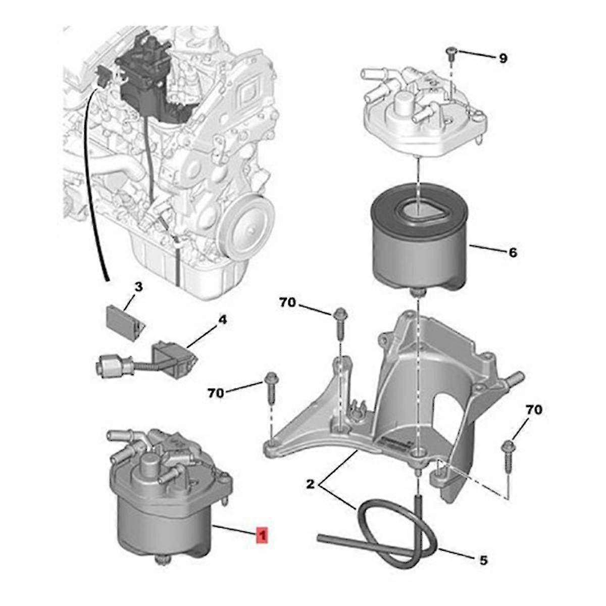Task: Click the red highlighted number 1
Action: pyautogui.click(x=263, y=535)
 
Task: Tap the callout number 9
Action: pyautogui.click(x=502, y=59)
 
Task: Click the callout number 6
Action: pyautogui.click(x=513, y=252)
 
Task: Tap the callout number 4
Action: pyautogui.click(x=222, y=320)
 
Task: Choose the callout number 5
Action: pyautogui.click(x=483, y=560)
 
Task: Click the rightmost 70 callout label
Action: pyautogui.click(x=534, y=410)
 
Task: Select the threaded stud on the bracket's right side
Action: pyautogui.click(x=515, y=378)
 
